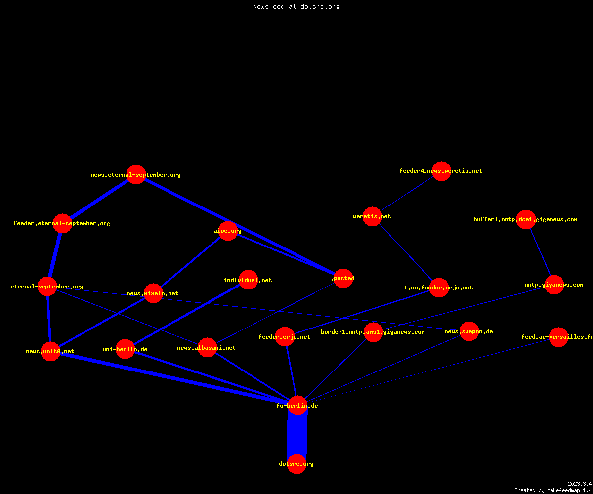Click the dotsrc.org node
(296, 464)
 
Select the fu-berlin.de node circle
(297, 405)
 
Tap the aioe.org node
(228, 231)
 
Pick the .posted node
(343, 278)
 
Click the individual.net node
(248, 280)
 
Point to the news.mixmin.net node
(153, 293)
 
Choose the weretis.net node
(372, 217)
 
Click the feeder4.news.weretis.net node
(441, 171)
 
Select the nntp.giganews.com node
(554, 285)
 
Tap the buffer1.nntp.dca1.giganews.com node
(526, 219)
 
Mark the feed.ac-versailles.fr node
(558, 337)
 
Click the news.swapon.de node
(469, 331)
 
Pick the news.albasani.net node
(207, 347)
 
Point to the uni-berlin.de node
(125, 349)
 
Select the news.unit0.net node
(50, 351)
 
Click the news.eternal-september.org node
(136, 174)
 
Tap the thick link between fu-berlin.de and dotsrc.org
(297, 434)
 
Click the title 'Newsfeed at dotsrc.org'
(296, 6)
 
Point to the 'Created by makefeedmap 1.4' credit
(553, 490)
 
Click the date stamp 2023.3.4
(580, 484)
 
